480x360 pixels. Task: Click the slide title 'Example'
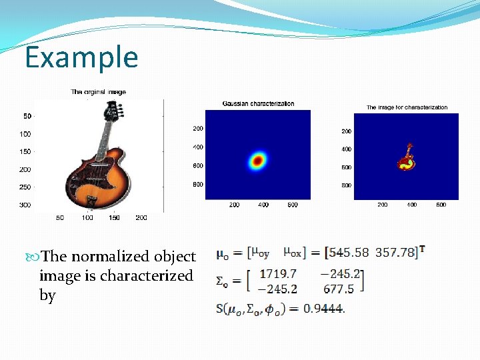click(81, 57)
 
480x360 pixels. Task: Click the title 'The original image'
click(98, 92)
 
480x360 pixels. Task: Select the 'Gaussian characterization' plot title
click(258, 104)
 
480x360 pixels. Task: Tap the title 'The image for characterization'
click(407, 107)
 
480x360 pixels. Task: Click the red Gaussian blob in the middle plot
click(257, 160)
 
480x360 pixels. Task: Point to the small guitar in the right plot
click(405, 157)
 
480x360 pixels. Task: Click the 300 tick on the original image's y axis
click(24, 205)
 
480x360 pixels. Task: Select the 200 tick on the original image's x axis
click(141, 218)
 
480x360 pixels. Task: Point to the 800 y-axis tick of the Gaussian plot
click(198, 184)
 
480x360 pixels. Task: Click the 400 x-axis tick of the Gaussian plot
click(263, 205)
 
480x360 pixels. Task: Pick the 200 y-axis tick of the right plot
click(347, 131)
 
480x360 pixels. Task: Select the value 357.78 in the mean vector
click(395, 253)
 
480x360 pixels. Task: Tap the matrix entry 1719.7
click(278, 273)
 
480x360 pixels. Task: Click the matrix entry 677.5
click(339, 289)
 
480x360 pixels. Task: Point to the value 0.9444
click(323, 309)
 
